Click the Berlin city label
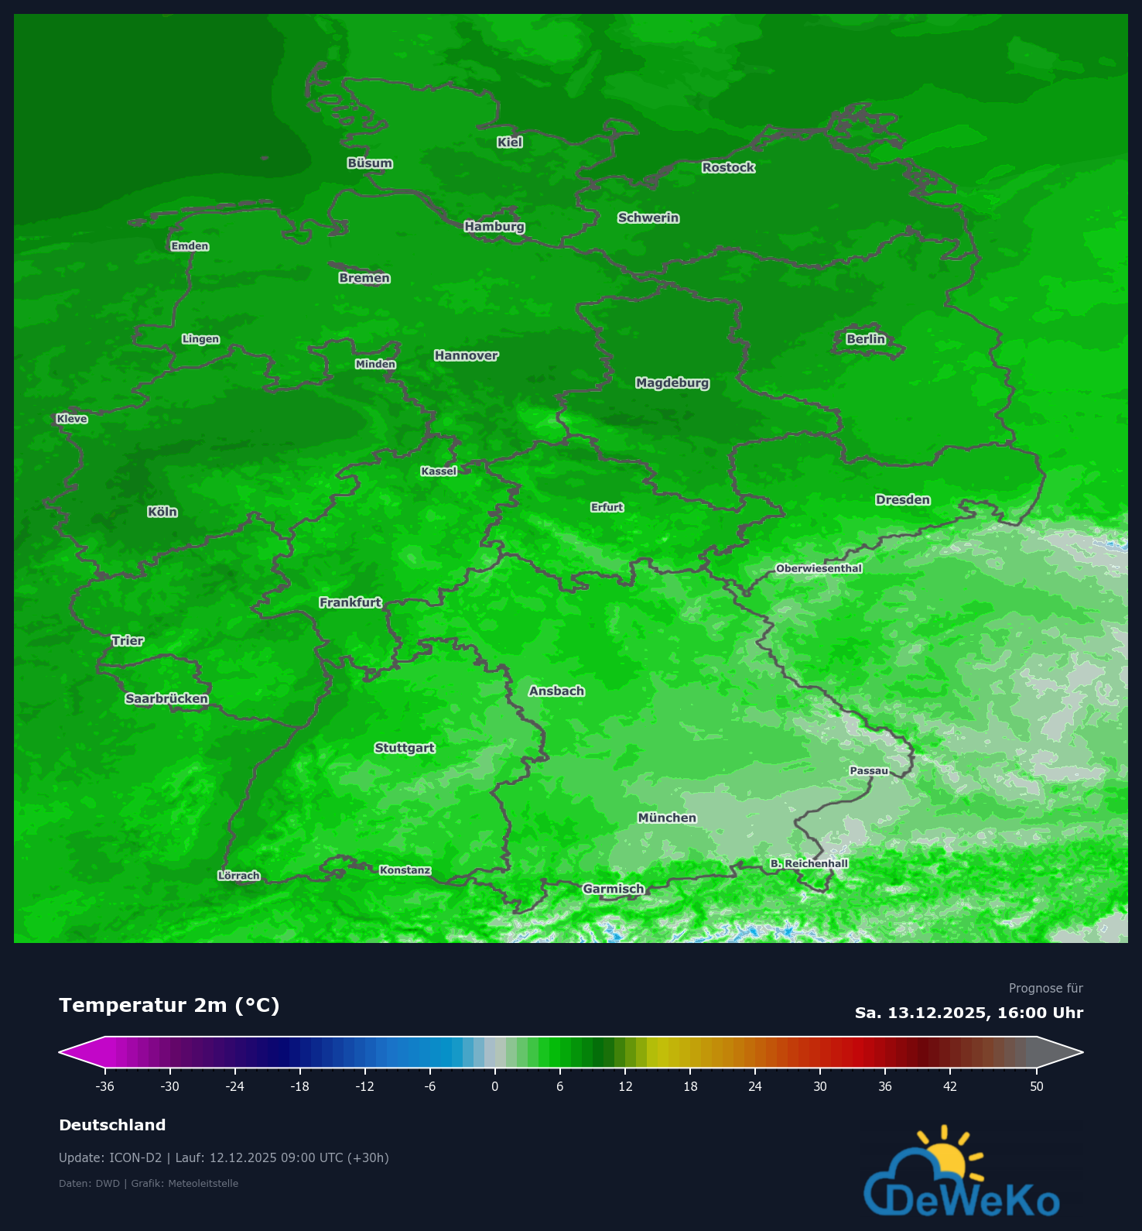point(866,339)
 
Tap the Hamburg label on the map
point(494,227)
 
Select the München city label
point(667,818)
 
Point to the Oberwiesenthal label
point(819,568)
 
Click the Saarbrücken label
point(167,699)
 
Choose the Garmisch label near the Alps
point(614,889)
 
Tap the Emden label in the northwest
point(190,246)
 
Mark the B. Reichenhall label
point(809,863)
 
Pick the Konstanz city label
point(405,870)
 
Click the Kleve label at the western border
point(72,419)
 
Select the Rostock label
point(728,167)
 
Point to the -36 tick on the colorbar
point(105,1086)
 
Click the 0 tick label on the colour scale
point(495,1086)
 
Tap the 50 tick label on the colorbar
point(1037,1086)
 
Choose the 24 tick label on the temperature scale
point(755,1086)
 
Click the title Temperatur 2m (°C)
point(169,1005)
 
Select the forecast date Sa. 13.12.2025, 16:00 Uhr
point(969,1013)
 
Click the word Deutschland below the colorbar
point(112,1125)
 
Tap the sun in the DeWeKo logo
point(945,1155)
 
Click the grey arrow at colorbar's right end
point(1061,1052)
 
